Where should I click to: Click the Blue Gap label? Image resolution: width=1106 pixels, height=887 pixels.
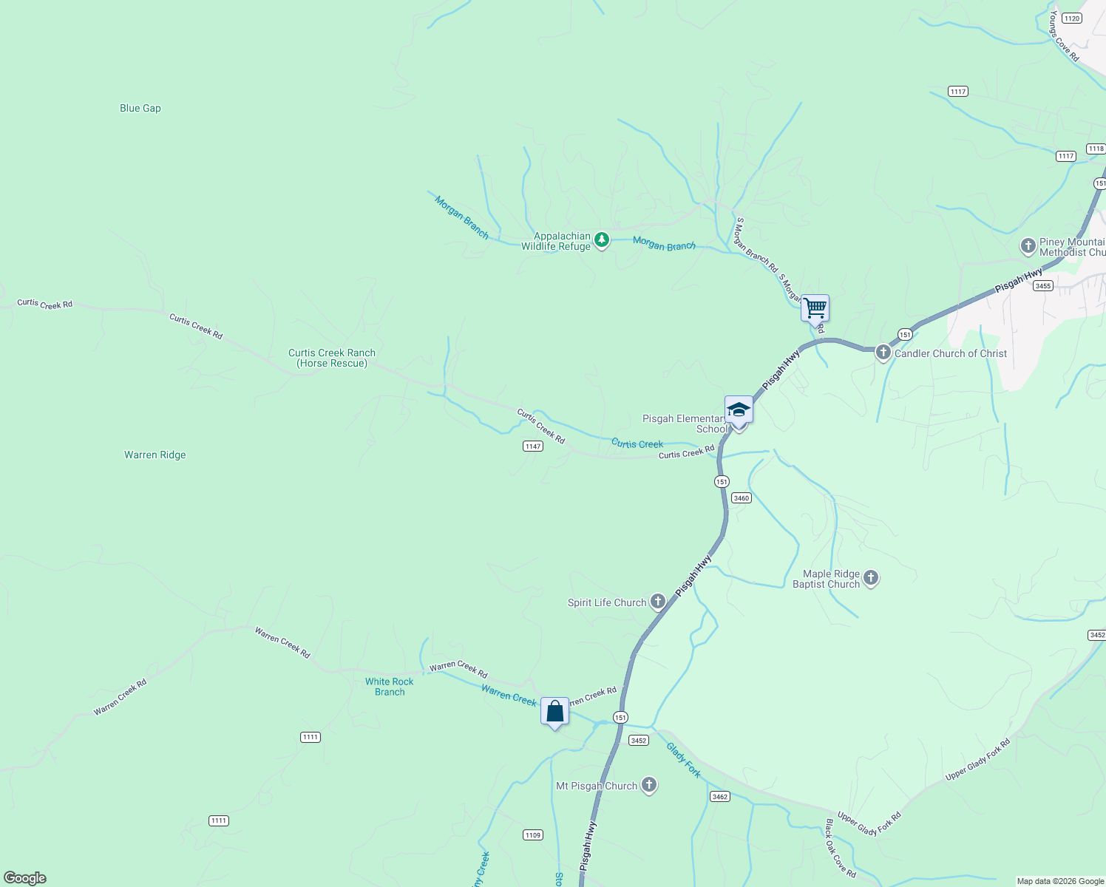140,108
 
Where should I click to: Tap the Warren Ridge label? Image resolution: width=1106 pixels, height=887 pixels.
155,455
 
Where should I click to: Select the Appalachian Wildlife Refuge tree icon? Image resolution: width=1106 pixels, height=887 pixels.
602,239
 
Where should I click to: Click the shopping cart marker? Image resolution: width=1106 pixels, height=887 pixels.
815,307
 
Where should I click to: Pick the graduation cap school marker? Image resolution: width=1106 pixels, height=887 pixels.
739,409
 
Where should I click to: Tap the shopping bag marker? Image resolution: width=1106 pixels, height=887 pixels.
554,711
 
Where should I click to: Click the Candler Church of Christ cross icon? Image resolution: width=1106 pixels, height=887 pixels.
883,353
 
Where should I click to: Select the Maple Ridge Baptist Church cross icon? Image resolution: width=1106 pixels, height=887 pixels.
871,577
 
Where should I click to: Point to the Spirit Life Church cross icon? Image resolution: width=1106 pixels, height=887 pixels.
657,602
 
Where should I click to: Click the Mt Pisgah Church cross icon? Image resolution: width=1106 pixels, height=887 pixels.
649,785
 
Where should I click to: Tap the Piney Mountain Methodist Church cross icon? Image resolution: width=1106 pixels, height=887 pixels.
1028,246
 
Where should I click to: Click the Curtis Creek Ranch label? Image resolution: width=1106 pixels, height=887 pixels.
332,358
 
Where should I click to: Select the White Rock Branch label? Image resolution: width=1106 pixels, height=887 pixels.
390,687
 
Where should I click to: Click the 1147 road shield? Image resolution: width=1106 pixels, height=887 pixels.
533,446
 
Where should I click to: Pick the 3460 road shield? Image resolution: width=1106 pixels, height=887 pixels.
742,498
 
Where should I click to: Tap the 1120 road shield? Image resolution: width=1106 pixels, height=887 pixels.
1071,18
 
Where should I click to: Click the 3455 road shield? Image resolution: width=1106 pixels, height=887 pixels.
1042,285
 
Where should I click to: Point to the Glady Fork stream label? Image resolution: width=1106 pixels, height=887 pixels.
684,760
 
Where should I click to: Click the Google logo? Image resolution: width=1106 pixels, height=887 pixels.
25,878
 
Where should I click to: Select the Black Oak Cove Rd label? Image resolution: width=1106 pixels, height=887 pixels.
841,849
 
